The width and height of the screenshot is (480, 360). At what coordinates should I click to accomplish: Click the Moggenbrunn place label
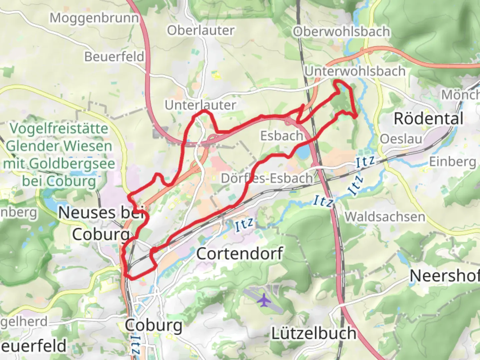94,18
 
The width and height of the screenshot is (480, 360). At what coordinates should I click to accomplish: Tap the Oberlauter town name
201,30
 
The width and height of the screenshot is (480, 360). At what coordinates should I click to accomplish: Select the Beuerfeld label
114,57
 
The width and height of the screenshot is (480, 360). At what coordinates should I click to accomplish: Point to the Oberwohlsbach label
341,32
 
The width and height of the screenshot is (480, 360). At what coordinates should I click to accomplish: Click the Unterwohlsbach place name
355,71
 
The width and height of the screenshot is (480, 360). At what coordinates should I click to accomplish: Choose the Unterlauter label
200,105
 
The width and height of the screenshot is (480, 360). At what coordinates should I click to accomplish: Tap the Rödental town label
428,119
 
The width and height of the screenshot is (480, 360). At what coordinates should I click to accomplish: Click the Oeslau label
401,139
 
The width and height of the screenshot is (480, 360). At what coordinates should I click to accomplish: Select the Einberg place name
452,162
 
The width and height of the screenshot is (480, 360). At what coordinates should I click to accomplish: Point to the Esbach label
281,136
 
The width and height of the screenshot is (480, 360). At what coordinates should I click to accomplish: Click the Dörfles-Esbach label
267,178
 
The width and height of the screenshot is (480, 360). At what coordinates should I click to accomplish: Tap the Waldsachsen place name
385,217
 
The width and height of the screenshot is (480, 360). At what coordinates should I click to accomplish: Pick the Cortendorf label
240,254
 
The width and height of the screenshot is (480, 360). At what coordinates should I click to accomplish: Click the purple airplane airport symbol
264,300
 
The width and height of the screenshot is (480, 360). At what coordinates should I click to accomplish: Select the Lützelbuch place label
314,333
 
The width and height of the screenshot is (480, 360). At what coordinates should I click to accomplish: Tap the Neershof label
444,276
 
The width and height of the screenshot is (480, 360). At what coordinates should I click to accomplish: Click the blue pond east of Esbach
303,153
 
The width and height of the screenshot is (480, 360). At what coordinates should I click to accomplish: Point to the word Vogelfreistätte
59,129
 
